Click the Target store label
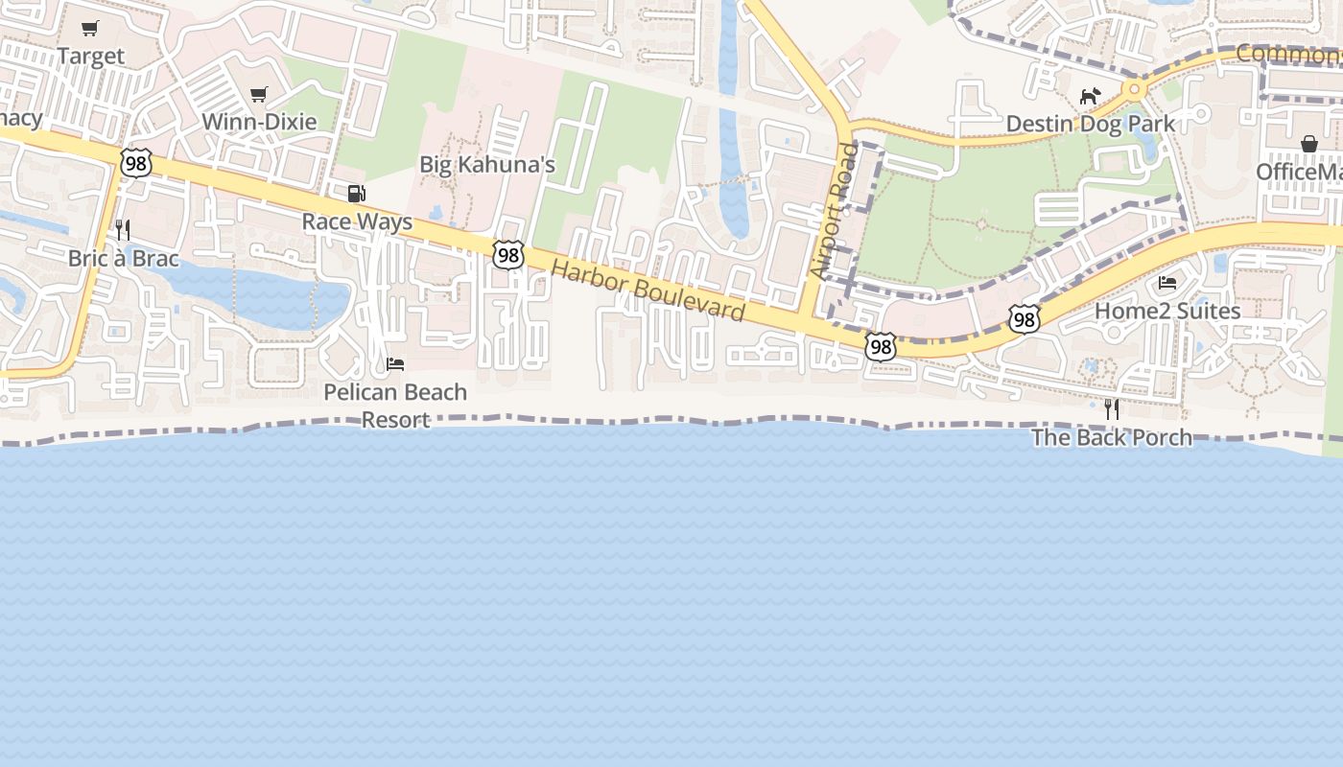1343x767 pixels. coord(91,56)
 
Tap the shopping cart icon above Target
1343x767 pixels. coord(89,29)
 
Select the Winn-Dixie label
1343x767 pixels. coord(259,122)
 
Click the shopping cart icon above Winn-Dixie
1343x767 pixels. coord(258,94)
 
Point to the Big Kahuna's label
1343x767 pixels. coord(487,165)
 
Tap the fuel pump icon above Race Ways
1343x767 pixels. coord(356,194)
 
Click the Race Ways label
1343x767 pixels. coord(357,221)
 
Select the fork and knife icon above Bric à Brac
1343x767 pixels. coord(123,230)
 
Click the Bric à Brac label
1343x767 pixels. coord(124,258)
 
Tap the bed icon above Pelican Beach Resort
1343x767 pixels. coord(395,364)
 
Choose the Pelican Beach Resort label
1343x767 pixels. coord(395,406)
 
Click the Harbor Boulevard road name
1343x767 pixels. coord(648,291)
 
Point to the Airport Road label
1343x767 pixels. coord(833,211)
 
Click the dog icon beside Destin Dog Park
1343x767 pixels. coord(1090,96)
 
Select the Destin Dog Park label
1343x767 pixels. coord(1090,124)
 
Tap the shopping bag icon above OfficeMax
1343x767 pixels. coord(1309,144)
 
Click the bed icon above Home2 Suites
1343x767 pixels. coord(1167,283)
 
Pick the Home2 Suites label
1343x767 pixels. coord(1167,311)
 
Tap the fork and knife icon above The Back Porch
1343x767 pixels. coord(1112,409)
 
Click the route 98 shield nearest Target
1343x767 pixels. coord(136,163)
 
